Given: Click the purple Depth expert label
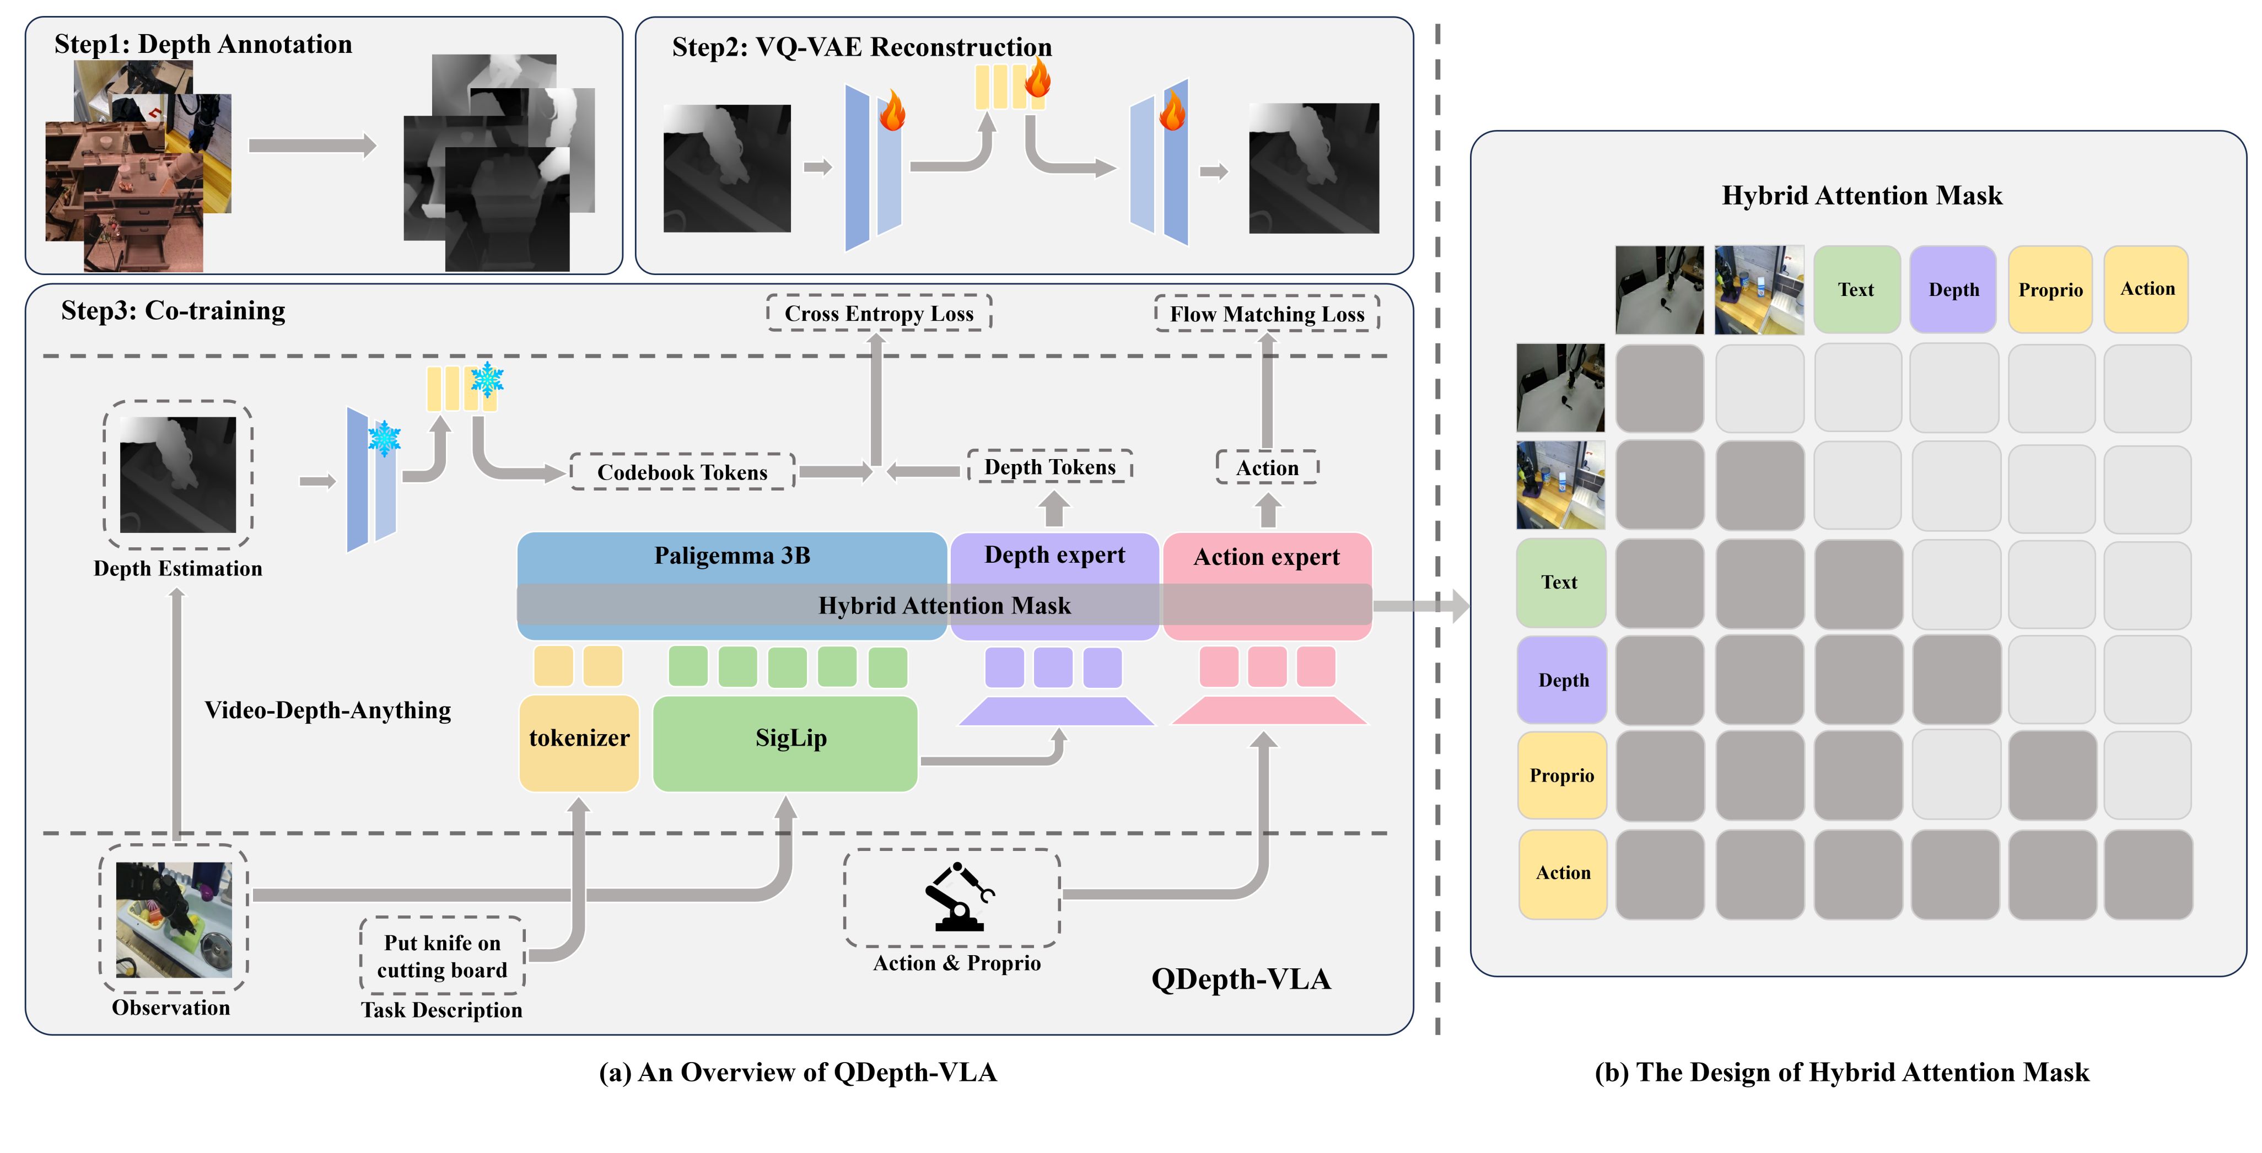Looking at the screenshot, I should [x=1054, y=555].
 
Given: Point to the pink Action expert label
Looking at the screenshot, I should [x=1266, y=557].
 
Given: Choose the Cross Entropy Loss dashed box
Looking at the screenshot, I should [x=879, y=314].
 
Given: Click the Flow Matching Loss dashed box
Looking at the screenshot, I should [x=1267, y=314].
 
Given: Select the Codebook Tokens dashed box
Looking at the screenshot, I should [x=682, y=472].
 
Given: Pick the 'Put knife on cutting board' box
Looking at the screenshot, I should [x=441, y=956].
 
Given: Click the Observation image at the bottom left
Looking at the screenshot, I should [x=174, y=919].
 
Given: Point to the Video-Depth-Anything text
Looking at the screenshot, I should [x=327, y=709].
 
